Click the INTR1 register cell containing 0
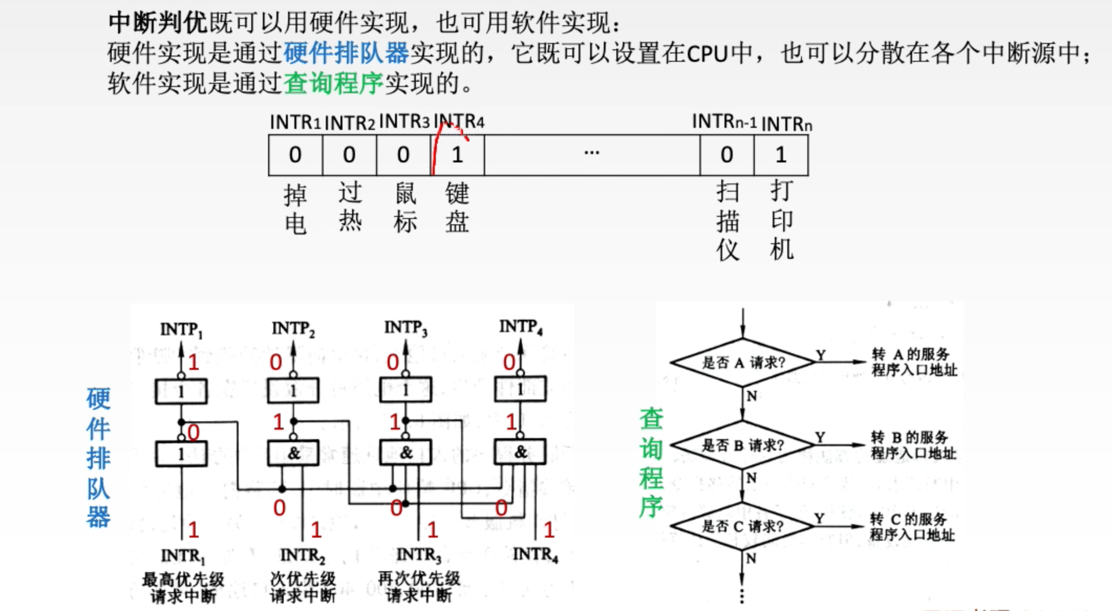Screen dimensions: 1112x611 [295, 155]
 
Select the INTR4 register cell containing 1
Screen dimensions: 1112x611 [457, 155]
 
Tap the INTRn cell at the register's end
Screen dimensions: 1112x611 [781, 155]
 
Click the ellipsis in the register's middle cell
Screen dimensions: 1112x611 [592, 153]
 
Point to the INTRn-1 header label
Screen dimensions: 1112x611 [724, 122]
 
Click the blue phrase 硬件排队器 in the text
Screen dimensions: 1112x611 [346, 52]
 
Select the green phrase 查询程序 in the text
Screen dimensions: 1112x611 [334, 83]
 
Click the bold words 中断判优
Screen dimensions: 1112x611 [158, 23]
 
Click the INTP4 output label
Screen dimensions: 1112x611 [521, 327]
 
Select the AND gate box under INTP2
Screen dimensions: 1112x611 [293, 453]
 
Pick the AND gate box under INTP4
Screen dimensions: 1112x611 [520, 452]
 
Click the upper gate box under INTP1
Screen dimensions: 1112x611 [181, 391]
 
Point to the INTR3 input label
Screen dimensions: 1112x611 [419, 554]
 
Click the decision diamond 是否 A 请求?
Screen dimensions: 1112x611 [743, 362]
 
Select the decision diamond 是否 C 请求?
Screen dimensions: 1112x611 [742, 526]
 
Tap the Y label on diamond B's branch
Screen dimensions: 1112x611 [820, 437]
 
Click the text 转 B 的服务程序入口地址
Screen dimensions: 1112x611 [914, 445]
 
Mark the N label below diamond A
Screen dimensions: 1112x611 [752, 396]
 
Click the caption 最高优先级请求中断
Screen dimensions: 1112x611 [183, 587]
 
